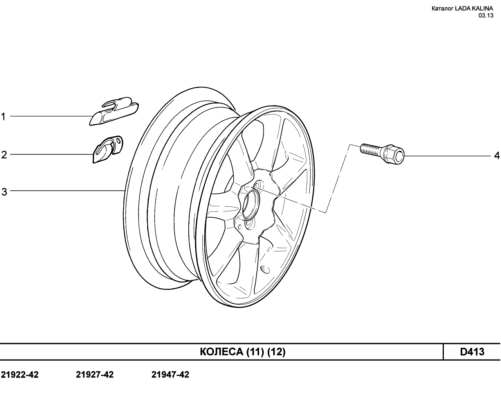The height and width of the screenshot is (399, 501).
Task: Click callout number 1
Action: [3, 117]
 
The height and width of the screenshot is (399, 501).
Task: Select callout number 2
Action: [4, 155]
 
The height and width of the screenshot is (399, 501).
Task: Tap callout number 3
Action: [4, 192]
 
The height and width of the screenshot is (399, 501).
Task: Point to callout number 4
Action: [497, 156]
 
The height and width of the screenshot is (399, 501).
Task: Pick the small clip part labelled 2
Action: [108, 149]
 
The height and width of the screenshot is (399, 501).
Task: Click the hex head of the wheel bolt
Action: [394, 154]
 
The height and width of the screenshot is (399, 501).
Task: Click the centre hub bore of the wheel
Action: [251, 204]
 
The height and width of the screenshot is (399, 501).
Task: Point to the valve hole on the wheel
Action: [265, 269]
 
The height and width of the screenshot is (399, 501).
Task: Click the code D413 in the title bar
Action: [472, 352]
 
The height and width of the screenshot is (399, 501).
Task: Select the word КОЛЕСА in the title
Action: [222, 352]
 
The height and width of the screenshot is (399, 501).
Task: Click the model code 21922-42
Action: [20, 375]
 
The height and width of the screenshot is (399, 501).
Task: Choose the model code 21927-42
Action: [95, 375]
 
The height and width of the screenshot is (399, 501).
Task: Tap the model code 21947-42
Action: [170, 375]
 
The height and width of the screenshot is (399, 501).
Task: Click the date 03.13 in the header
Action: [486, 16]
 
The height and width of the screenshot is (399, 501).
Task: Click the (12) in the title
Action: [276, 352]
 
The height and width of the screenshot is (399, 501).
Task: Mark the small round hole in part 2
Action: [119, 141]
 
